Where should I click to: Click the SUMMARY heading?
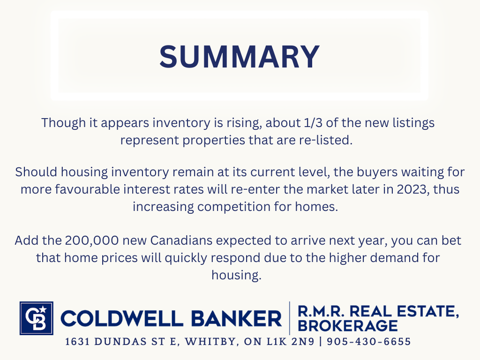coord(240,57)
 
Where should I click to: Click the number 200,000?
coord(92,240)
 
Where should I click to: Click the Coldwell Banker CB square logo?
coord(37,318)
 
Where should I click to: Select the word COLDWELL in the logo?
coord(122,318)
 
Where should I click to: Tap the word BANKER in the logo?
coord(237,318)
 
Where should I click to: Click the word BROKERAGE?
coord(348,326)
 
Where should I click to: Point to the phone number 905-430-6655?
coord(369,342)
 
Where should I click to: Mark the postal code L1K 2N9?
coord(291,342)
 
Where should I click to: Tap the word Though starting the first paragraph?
coord(64,123)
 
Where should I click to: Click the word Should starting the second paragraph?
coord(36,172)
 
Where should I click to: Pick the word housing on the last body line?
coord(236,275)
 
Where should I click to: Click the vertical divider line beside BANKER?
coord(290,318)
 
